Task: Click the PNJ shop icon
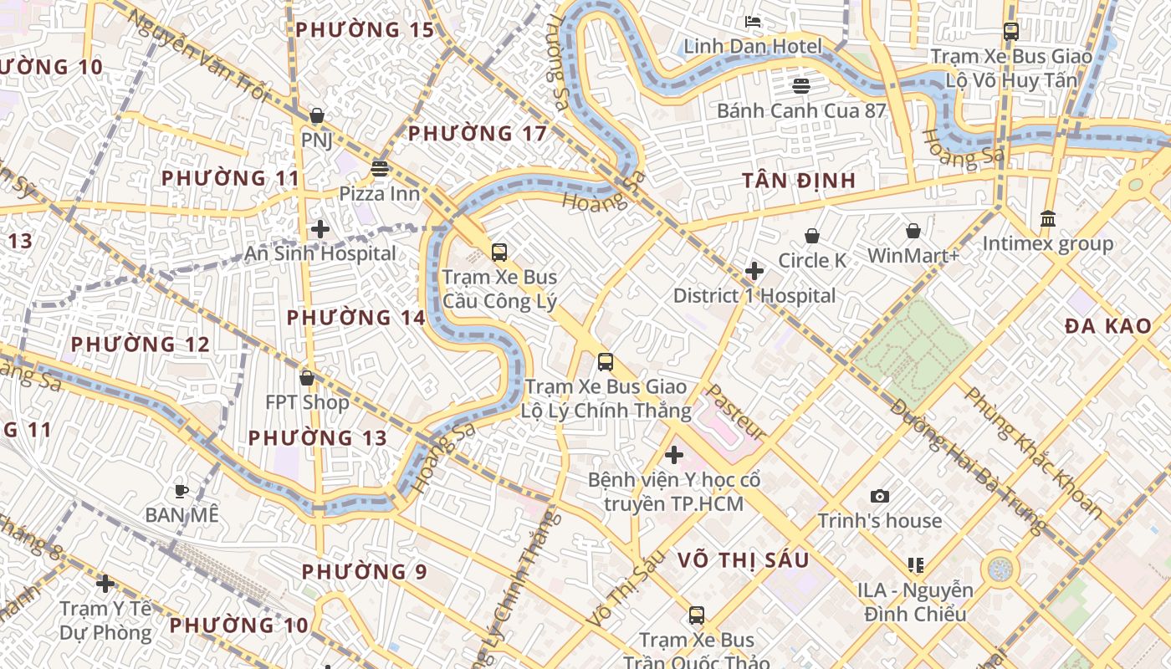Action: pyautogui.click(x=316, y=115)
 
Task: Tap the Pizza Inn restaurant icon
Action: pyautogui.click(x=380, y=169)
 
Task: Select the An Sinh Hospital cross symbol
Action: pyautogui.click(x=320, y=229)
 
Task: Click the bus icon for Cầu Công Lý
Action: pyautogui.click(x=499, y=252)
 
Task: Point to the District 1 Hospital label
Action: pyautogui.click(x=754, y=296)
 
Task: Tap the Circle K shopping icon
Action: pyautogui.click(x=811, y=237)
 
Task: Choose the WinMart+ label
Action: pyautogui.click(x=913, y=256)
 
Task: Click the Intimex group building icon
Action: pyautogui.click(x=1047, y=219)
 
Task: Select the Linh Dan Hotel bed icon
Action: pyautogui.click(x=753, y=22)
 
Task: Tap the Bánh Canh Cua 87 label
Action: pyautogui.click(x=800, y=110)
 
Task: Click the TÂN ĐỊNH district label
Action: pyautogui.click(x=799, y=181)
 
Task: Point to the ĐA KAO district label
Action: pyautogui.click(x=1108, y=327)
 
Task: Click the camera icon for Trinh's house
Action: pyautogui.click(x=879, y=497)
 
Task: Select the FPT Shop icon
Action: pyautogui.click(x=307, y=379)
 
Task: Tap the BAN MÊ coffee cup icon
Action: pyautogui.click(x=182, y=491)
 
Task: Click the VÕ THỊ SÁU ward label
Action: pyautogui.click(x=744, y=560)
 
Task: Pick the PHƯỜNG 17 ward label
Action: pyautogui.click(x=477, y=134)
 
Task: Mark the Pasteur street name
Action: pyautogui.click(x=737, y=411)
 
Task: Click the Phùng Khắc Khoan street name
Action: pyautogui.click(x=1033, y=452)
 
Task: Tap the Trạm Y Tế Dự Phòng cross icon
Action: pyautogui.click(x=105, y=583)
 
